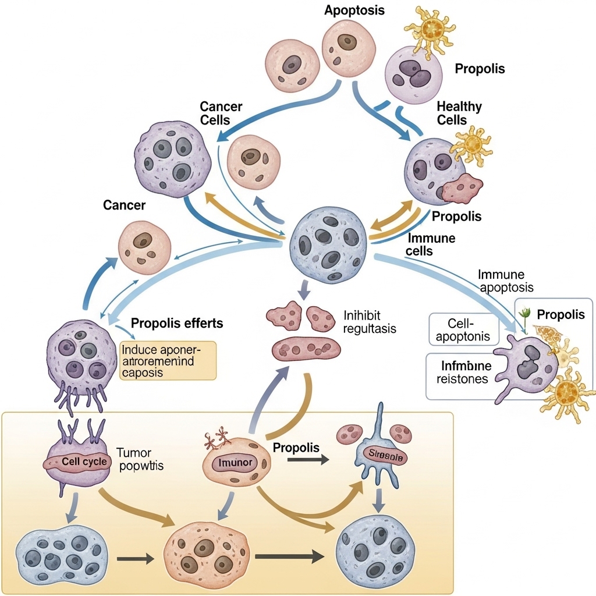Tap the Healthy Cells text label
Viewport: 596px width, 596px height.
pos(451,113)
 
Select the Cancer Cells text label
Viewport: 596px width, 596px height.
pos(221,113)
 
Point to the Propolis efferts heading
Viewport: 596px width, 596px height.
pos(177,323)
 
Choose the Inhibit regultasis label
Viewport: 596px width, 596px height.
pos(370,322)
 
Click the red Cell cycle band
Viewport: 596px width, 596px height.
pos(77,462)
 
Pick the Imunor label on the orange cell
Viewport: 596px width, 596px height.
pos(236,463)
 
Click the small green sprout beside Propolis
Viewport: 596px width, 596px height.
pos(526,313)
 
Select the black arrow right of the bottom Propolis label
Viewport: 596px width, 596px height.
pos(307,459)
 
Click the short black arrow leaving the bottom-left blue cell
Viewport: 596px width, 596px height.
pos(135,559)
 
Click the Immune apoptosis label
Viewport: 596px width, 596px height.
pos(504,281)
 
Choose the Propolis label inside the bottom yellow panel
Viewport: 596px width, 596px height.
pos(296,448)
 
